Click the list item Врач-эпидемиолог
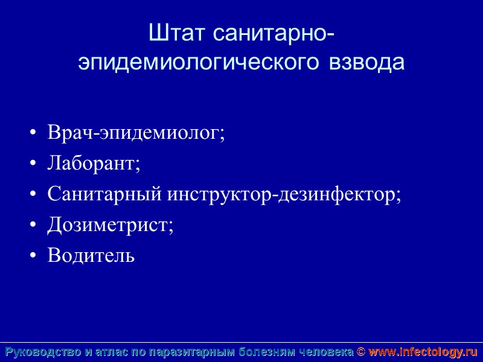(x=136, y=133)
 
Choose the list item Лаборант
(x=94, y=164)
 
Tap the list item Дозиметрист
(x=110, y=225)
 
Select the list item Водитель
(x=91, y=256)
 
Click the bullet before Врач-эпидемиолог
(x=33, y=133)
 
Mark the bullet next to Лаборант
(x=33, y=164)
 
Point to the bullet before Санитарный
(x=33, y=195)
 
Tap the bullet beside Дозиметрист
(x=33, y=226)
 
